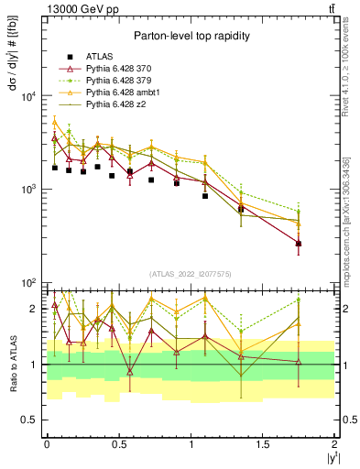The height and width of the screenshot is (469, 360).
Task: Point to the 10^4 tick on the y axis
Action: click(x=27, y=97)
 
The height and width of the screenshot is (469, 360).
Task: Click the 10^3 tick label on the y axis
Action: click(x=27, y=190)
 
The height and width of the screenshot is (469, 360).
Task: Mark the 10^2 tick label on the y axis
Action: click(x=27, y=282)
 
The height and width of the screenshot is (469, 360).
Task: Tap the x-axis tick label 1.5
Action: click(x=263, y=443)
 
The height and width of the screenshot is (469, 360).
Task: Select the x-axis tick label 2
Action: click(x=335, y=443)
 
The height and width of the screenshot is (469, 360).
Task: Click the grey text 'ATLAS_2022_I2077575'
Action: click(x=190, y=274)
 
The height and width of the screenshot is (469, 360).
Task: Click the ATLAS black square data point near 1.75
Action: click(x=299, y=244)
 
